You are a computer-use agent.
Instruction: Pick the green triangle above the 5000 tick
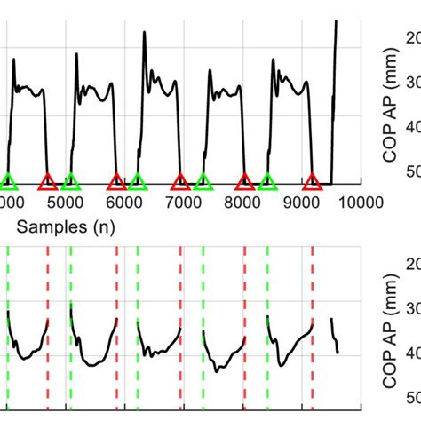(71, 183)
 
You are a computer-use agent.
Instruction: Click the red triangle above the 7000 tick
(180, 183)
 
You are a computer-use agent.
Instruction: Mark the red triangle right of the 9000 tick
(312, 183)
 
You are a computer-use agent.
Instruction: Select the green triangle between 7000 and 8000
(203, 183)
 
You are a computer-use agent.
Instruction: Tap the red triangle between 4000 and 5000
(48, 183)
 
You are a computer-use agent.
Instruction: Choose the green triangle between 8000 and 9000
(267, 183)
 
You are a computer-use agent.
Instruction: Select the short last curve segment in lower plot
(335, 335)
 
